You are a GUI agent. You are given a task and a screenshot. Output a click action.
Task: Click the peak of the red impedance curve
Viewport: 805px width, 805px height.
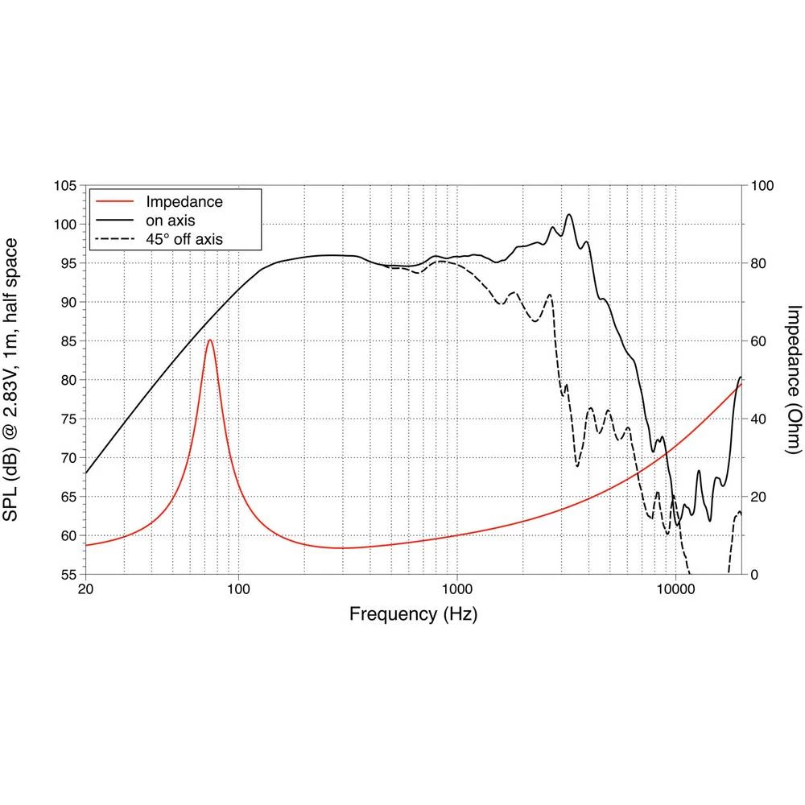click(x=210, y=340)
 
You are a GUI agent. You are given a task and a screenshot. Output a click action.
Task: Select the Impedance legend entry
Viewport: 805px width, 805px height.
click(x=184, y=201)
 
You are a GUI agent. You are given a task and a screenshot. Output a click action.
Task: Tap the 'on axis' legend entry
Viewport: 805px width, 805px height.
click(x=170, y=220)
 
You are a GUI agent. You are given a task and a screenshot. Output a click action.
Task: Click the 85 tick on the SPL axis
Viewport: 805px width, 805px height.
click(x=68, y=341)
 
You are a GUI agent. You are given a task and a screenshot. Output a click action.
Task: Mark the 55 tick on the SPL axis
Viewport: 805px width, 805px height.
click(x=68, y=575)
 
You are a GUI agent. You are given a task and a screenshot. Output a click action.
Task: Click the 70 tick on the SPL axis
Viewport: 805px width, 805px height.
click(x=68, y=458)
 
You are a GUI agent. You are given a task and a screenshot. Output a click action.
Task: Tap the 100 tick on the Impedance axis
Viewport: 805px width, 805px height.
click(x=761, y=186)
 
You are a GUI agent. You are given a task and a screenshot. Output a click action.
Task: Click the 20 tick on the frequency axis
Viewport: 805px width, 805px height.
click(x=86, y=588)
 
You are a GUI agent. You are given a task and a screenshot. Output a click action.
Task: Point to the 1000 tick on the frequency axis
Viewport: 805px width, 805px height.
click(x=456, y=588)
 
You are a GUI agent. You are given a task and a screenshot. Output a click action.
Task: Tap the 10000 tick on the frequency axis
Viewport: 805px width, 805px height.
click(x=675, y=588)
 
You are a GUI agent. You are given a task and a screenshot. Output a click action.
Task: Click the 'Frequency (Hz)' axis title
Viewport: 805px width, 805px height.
click(x=413, y=615)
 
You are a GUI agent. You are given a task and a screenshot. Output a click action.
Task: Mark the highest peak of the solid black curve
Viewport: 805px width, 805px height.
click(x=569, y=214)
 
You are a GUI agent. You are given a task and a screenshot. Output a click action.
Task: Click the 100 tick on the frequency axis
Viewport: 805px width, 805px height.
click(x=238, y=588)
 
